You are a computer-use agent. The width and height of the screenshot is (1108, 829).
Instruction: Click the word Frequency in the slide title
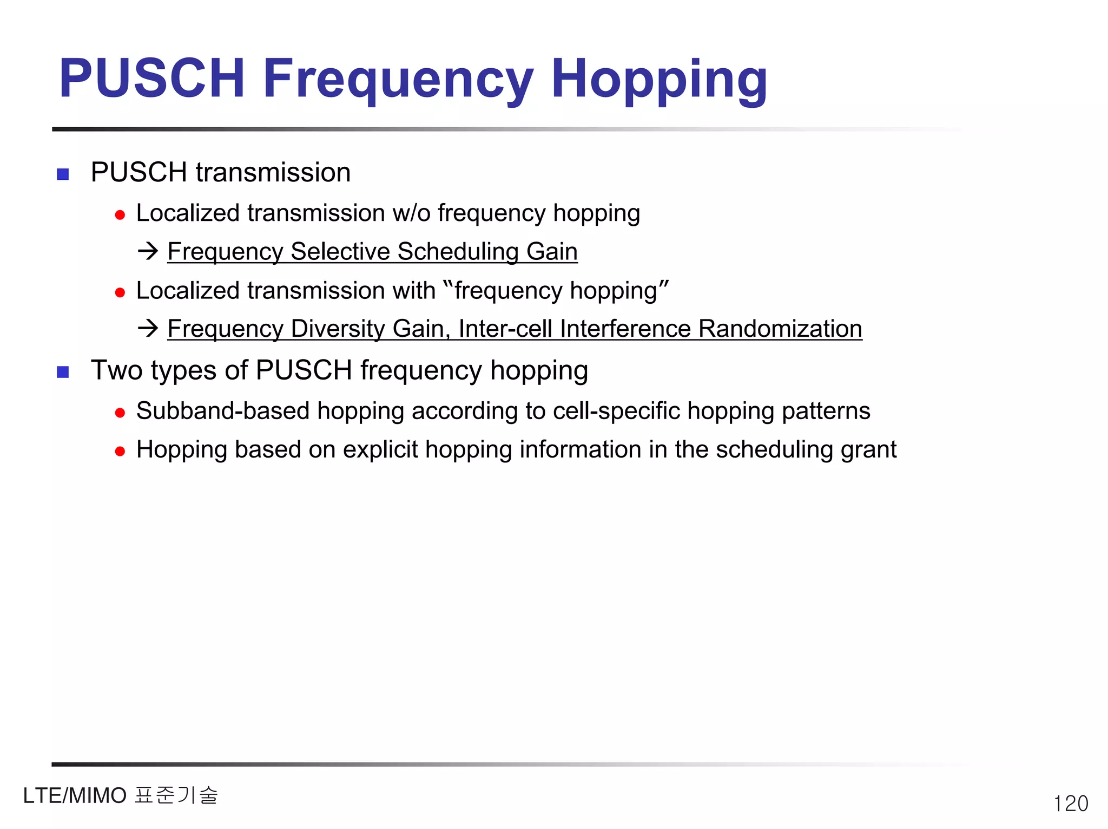tap(398, 80)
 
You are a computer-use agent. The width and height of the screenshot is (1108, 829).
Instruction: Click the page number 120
tap(1070, 804)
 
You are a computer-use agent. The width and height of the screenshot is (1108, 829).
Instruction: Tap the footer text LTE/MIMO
tap(75, 796)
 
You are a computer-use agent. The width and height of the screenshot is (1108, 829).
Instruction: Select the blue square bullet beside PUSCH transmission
tap(63, 174)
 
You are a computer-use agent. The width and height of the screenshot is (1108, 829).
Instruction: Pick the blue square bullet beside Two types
tap(63, 373)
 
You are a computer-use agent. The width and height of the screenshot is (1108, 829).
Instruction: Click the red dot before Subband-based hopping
tap(120, 414)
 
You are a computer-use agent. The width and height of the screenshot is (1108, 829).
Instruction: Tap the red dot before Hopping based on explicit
tap(120, 452)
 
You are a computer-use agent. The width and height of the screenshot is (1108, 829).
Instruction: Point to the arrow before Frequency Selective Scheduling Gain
tap(148, 251)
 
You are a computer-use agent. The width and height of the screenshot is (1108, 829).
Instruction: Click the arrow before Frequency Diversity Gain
tap(148, 328)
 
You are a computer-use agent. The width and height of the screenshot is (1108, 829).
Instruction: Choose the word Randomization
tap(780, 329)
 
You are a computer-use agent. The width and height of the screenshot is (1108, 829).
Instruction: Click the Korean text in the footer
tap(176, 795)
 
